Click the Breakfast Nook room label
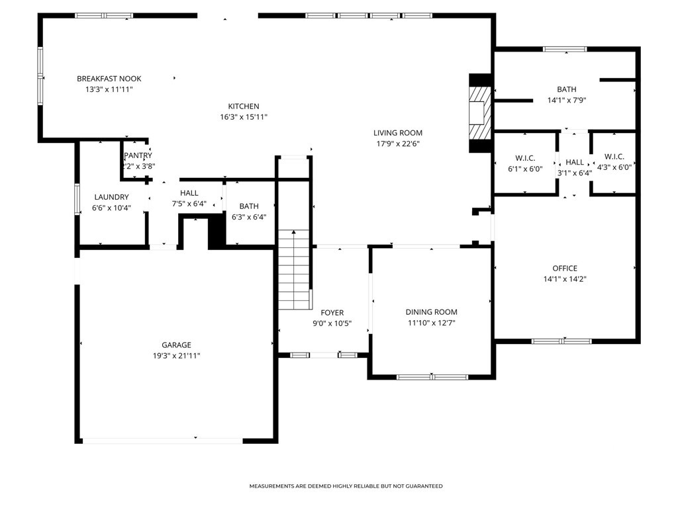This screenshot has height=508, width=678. [109, 79]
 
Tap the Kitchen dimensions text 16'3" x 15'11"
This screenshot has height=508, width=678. [244, 117]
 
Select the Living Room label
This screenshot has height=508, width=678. [398, 133]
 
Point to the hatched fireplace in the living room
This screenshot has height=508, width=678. [481, 112]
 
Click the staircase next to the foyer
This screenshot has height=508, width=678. [294, 270]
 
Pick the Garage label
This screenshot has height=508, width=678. [176, 345]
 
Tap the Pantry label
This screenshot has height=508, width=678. [138, 155]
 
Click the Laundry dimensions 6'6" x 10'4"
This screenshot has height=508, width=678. [111, 208]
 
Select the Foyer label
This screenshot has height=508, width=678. [332, 313]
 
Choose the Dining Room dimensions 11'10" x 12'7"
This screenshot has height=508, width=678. [432, 323]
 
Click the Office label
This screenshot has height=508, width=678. [565, 269]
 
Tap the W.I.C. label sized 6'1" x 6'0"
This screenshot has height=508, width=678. [525, 158]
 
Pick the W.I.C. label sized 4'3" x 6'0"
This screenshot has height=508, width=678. [614, 156]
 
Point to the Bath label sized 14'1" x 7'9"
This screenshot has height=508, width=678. [567, 89]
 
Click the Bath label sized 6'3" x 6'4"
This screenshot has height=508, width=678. [249, 206]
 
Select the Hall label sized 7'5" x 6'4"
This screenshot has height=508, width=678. [189, 193]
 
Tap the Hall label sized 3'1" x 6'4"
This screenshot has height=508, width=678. [575, 163]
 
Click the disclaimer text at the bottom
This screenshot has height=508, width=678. [346, 486]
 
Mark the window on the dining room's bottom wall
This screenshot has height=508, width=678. [432, 377]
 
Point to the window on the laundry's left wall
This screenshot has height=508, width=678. [77, 199]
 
